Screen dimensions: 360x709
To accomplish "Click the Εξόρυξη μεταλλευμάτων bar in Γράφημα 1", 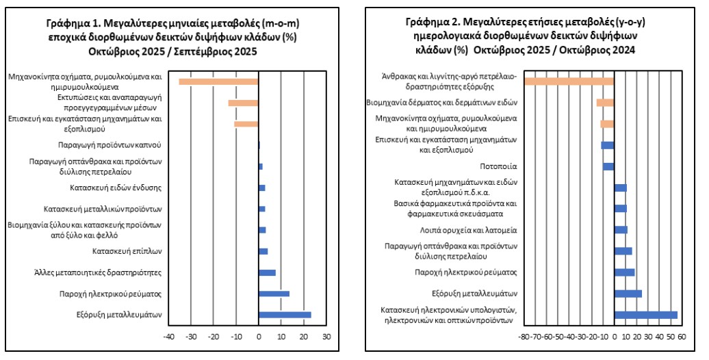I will click(285, 315).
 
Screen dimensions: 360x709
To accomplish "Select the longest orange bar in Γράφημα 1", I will click(218, 82).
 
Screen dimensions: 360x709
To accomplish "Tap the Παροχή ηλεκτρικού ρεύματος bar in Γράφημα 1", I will click(274, 294).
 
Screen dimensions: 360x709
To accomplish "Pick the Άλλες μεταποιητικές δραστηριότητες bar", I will click(267, 272).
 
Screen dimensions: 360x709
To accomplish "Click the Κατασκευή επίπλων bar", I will click(263, 251).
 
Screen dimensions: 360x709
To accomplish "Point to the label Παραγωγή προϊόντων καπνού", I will click(109, 145).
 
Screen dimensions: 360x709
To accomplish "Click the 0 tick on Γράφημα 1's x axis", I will click(259, 337).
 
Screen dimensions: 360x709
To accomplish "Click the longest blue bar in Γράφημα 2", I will click(645, 315).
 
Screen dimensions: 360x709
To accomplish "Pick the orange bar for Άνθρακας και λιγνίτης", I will click(569, 82).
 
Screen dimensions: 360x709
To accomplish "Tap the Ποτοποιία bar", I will click(608, 166).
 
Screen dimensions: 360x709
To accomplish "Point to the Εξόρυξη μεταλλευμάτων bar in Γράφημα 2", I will click(628, 294).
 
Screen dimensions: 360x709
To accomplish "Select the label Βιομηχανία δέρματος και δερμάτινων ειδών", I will click(451, 103).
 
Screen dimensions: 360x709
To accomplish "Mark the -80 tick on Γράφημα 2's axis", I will click(524, 337).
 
